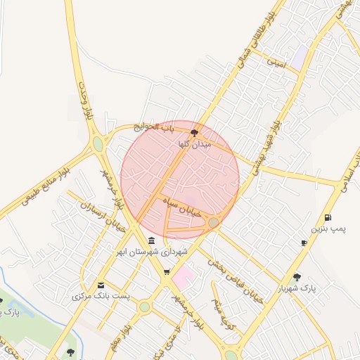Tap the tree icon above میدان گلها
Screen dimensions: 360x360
click(195, 132)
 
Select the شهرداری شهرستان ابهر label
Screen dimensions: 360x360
click(153, 251)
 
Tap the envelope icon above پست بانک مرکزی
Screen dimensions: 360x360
click(101, 285)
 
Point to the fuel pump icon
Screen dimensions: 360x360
click(328, 217)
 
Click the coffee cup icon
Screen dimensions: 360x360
click(304, 243)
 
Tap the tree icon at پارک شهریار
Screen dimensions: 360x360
click(297, 277)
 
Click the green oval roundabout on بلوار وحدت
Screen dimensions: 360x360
click(98, 144)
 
